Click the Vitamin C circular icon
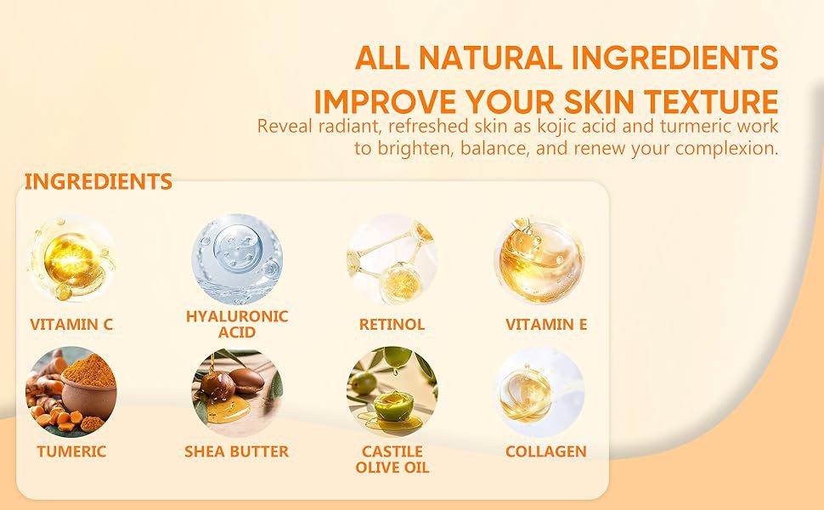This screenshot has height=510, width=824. [x=71, y=259]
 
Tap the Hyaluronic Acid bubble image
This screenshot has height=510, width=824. [x=237, y=259]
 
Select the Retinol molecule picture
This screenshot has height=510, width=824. [x=392, y=259]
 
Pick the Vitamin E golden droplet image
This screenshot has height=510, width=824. [x=539, y=259]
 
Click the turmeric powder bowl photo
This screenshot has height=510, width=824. [x=71, y=392]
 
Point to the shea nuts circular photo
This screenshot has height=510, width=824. [x=237, y=392]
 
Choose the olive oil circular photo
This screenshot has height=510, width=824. [x=392, y=392]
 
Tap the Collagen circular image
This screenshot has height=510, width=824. [x=539, y=392]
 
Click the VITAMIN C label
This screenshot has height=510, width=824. [x=71, y=325]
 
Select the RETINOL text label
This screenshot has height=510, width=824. [x=392, y=325]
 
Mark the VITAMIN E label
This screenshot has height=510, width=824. [x=546, y=325]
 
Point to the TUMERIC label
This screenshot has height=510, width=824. [x=71, y=451]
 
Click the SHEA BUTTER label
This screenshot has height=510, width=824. [x=236, y=451]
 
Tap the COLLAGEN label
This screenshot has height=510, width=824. [x=546, y=451]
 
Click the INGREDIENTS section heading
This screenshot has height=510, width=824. [x=99, y=181]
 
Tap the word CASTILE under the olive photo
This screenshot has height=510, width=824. [x=392, y=451]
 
